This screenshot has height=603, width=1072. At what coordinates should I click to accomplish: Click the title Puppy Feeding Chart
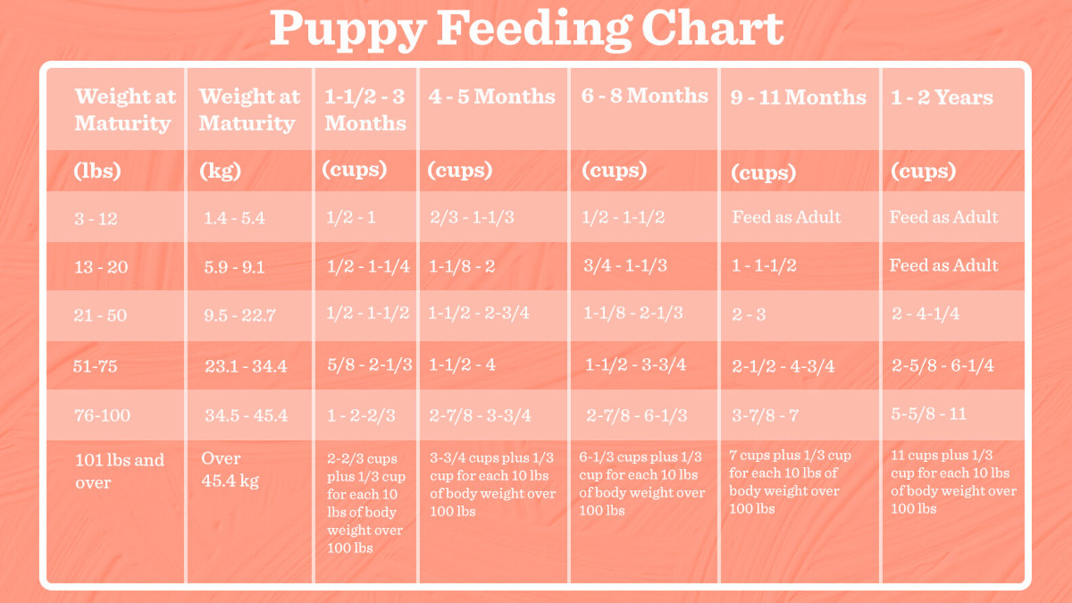(x=527, y=28)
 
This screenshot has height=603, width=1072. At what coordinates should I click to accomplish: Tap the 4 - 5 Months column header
(x=491, y=96)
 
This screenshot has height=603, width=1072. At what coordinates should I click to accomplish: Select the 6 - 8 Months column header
(x=644, y=95)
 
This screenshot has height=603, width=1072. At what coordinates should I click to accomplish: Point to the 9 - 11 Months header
(x=798, y=97)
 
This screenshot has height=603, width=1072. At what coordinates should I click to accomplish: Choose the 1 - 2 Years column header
(x=941, y=97)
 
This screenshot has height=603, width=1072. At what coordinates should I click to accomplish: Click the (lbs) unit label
(x=97, y=171)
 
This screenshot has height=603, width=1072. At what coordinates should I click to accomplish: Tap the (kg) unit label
(x=220, y=171)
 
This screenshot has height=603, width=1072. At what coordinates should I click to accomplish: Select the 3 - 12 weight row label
(x=96, y=219)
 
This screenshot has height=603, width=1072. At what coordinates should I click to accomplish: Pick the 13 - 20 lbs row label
(x=101, y=267)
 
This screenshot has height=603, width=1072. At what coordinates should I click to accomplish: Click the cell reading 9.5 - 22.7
(x=240, y=315)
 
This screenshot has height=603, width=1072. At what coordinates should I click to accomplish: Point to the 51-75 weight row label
(x=95, y=366)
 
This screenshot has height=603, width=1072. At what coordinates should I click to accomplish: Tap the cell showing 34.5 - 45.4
(x=246, y=415)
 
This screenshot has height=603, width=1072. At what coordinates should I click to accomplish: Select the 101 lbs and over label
(x=119, y=470)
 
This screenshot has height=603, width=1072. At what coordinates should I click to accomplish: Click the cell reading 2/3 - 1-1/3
(x=472, y=217)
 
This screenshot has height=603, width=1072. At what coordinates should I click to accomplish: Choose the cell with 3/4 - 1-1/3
(x=625, y=265)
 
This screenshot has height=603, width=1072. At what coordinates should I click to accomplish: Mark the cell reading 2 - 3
(x=749, y=315)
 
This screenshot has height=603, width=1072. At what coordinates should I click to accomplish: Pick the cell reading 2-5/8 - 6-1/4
(x=942, y=365)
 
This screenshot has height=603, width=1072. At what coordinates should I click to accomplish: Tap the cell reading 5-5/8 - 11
(x=929, y=414)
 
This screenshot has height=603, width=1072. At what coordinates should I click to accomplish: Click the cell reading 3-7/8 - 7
(x=765, y=415)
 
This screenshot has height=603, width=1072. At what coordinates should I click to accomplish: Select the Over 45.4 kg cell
(x=230, y=469)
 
